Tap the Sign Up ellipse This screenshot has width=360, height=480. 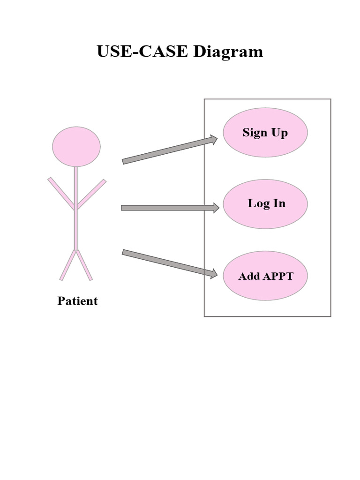click(265, 132)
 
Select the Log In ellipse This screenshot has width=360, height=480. click(265, 204)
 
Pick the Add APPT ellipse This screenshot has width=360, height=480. click(265, 276)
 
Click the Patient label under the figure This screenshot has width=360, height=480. click(77, 301)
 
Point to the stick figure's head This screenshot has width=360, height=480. click(76, 147)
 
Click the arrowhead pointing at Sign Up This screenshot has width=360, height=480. click(214, 139)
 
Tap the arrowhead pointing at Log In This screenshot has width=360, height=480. click(216, 208)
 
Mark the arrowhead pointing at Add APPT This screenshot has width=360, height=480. click(214, 274)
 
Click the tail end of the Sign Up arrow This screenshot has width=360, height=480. click(125, 161)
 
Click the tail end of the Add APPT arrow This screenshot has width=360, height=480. click(125, 253)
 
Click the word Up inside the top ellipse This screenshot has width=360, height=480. click(279, 133)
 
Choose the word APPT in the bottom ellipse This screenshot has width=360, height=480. click(278, 276)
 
